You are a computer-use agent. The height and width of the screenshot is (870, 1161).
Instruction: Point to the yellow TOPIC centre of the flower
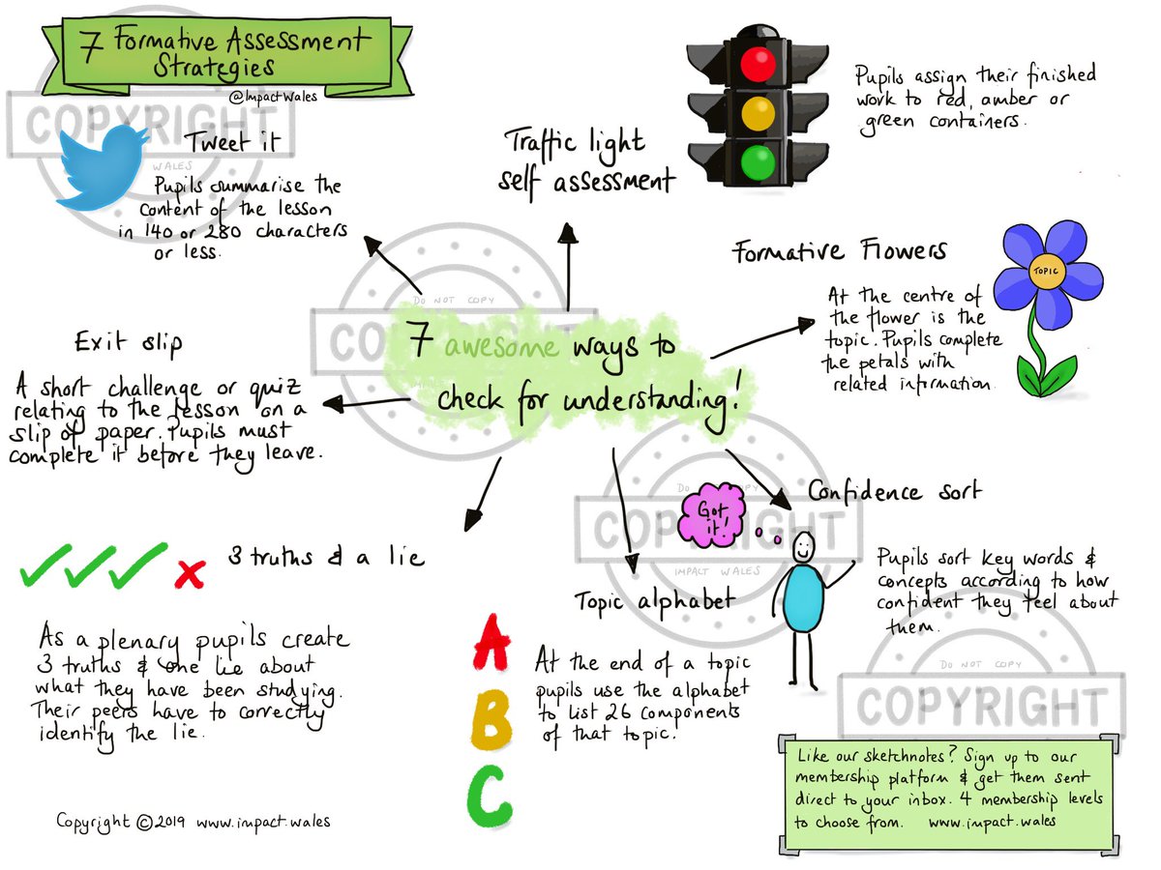point(1046,270)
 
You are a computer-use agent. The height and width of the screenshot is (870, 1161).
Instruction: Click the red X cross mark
point(191,574)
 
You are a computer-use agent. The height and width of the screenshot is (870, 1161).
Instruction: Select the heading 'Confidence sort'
point(894,491)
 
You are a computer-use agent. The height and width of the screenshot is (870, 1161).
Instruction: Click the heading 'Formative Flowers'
point(839,252)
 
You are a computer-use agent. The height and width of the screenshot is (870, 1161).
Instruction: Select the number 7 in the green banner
point(89,49)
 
